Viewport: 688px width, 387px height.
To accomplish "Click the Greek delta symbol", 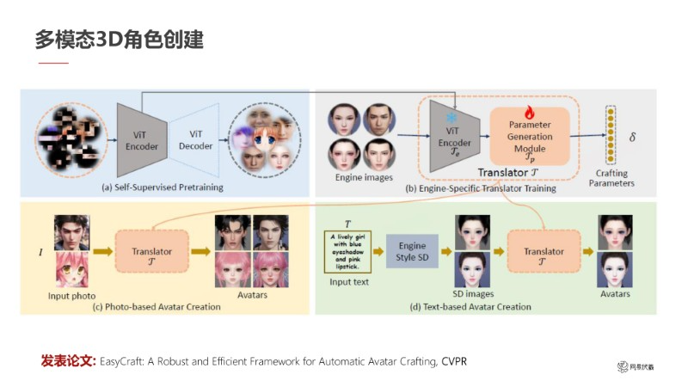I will pos(633,137).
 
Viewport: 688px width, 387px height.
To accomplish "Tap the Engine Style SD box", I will pos(413,251).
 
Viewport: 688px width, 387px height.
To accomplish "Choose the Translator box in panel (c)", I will pos(151,251).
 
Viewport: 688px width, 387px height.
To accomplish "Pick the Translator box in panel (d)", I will pos(544,251).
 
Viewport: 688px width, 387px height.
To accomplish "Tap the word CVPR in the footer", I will pos(455,359).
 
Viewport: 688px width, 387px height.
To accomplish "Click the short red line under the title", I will pos(52,64).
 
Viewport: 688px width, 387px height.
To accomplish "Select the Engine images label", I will pos(363,178).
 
